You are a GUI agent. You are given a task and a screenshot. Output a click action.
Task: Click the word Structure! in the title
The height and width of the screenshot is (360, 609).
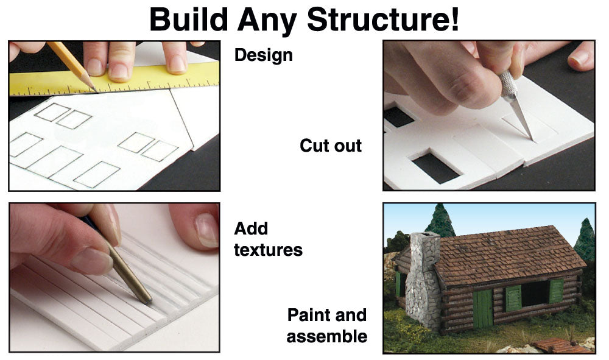tap(383, 19)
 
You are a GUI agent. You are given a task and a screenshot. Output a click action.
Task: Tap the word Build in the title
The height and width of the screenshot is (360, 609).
tap(188, 19)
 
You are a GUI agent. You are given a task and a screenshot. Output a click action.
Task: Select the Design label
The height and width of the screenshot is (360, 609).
tap(263, 55)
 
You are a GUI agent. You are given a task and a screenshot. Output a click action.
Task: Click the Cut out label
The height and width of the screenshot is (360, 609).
tap(331, 146)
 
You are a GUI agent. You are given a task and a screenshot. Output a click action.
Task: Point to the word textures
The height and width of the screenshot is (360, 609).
tap(268, 250)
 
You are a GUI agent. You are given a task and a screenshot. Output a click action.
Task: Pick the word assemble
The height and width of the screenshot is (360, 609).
tap(327, 336)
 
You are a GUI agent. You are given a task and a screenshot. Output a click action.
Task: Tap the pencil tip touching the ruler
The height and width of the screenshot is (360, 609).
tap(96, 91)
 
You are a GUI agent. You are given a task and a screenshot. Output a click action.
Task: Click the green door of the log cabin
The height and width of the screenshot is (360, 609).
tap(483, 308)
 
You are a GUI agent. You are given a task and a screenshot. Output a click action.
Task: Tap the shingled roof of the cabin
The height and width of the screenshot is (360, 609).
tap(508, 255)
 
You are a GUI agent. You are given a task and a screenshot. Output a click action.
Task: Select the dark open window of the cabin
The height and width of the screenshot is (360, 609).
tap(535, 294)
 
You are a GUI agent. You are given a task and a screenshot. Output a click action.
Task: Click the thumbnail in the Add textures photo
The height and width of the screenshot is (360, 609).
tap(206, 230)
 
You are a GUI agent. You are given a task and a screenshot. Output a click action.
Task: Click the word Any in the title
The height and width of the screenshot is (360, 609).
tap(267, 20)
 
